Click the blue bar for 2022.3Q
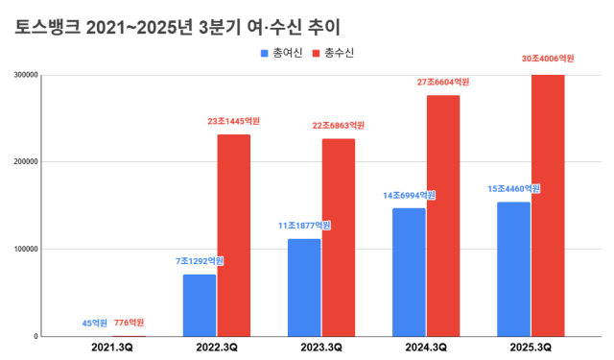[x=200, y=305]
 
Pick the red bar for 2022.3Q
[x=233, y=235]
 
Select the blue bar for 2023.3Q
[x=304, y=287]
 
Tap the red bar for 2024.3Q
[x=443, y=215]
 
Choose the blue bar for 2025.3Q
[x=513, y=269]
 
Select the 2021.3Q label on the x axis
[x=111, y=348]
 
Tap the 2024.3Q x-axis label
[x=426, y=348]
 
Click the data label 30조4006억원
[x=548, y=60]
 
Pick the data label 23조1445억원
[x=234, y=122]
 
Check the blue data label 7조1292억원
[x=199, y=261]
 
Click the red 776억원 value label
[x=129, y=323]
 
